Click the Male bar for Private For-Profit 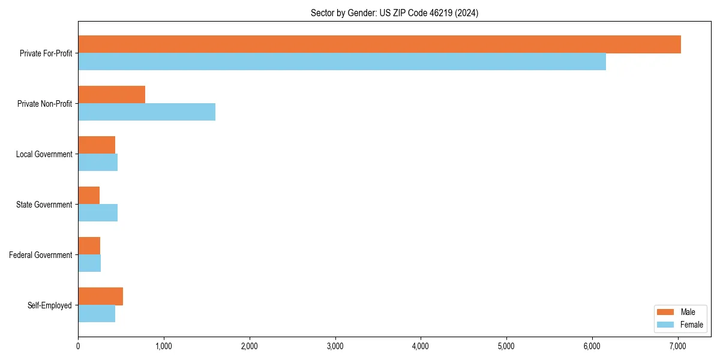pyautogui.click(x=379, y=44)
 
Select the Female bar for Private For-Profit pyautogui.click(x=342, y=62)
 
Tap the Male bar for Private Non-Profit pyautogui.click(x=112, y=95)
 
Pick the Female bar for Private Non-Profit pyautogui.click(x=146, y=112)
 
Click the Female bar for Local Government pyautogui.click(x=98, y=163)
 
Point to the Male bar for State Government pyautogui.click(x=89, y=196)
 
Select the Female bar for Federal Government pyautogui.click(x=89, y=263)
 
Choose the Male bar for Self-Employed pyautogui.click(x=100, y=296)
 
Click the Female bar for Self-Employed pyautogui.click(x=97, y=314)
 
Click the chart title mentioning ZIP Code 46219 pyautogui.click(x=394, y=13)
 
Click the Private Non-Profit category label pyautogui.click(x=44, y=104)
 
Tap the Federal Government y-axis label pyautogui.click(x=41, y=255)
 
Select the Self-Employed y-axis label pyautogui.click(x=50, y=305)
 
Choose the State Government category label pyautogui.click(x=44, y=205)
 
